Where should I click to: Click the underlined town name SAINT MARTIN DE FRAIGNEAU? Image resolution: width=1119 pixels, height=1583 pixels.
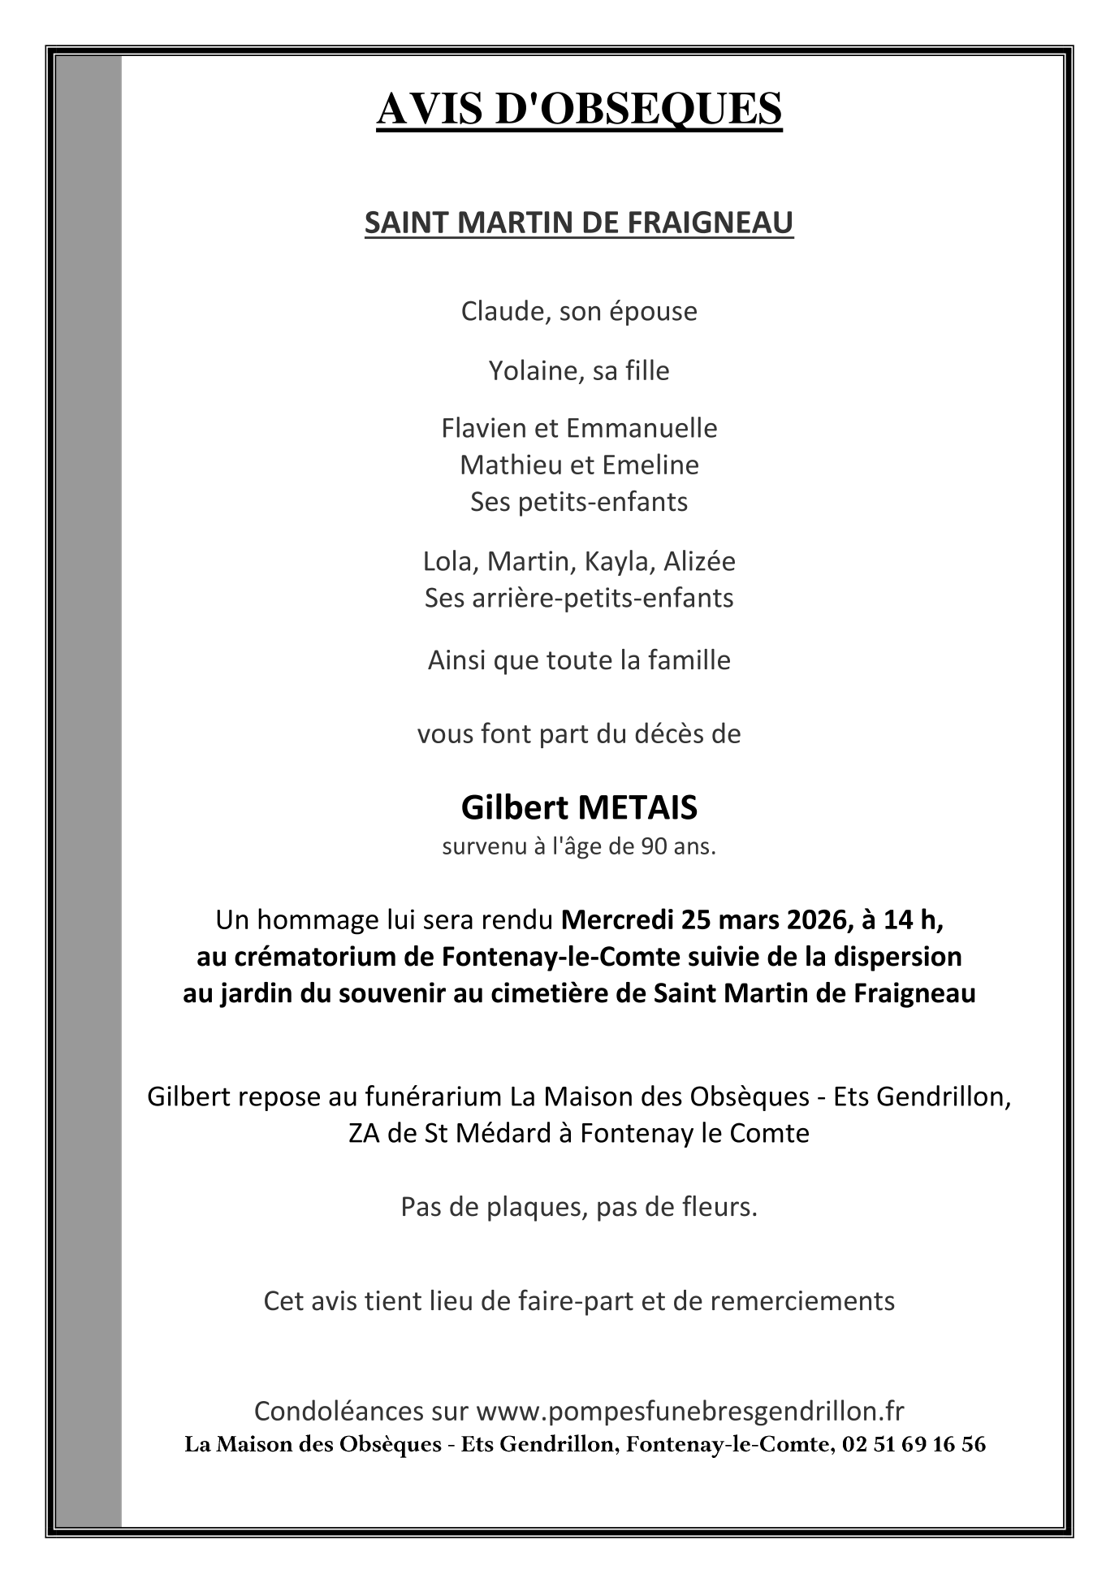[579, 223]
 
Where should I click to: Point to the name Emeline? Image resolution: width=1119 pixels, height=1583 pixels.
[660, 465]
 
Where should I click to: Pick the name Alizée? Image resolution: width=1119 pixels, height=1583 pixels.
[700, 561]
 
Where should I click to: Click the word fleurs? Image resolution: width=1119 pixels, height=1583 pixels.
[720, 1207]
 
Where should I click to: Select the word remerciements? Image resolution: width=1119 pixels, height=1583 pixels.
[802, 1300]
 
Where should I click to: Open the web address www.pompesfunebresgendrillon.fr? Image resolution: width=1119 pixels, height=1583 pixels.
[689, 1411]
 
